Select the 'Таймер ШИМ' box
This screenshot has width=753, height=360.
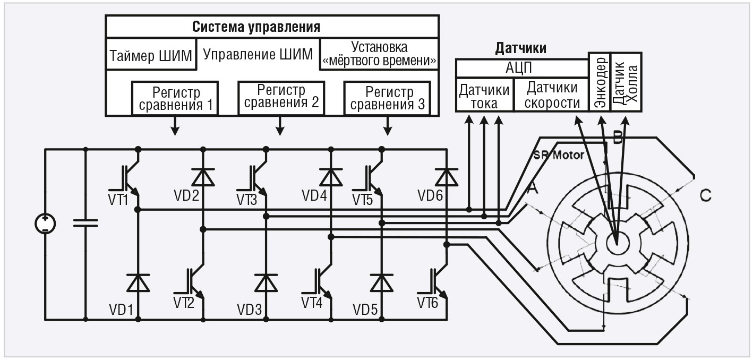point(150,55)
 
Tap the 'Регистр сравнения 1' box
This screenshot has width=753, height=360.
point(175,99)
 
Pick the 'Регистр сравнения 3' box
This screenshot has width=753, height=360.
point(387,98)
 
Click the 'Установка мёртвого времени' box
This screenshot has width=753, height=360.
point(379,54)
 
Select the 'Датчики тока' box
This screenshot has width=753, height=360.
point(484,96)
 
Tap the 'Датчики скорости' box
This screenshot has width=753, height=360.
point(552,96)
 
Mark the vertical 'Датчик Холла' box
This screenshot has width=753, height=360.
point(627,82)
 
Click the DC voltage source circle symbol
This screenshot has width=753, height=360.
point(45,224)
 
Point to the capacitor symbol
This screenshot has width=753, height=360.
point(85,223)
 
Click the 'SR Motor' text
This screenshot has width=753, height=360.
point(560,156)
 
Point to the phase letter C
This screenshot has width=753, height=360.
point(705,196)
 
